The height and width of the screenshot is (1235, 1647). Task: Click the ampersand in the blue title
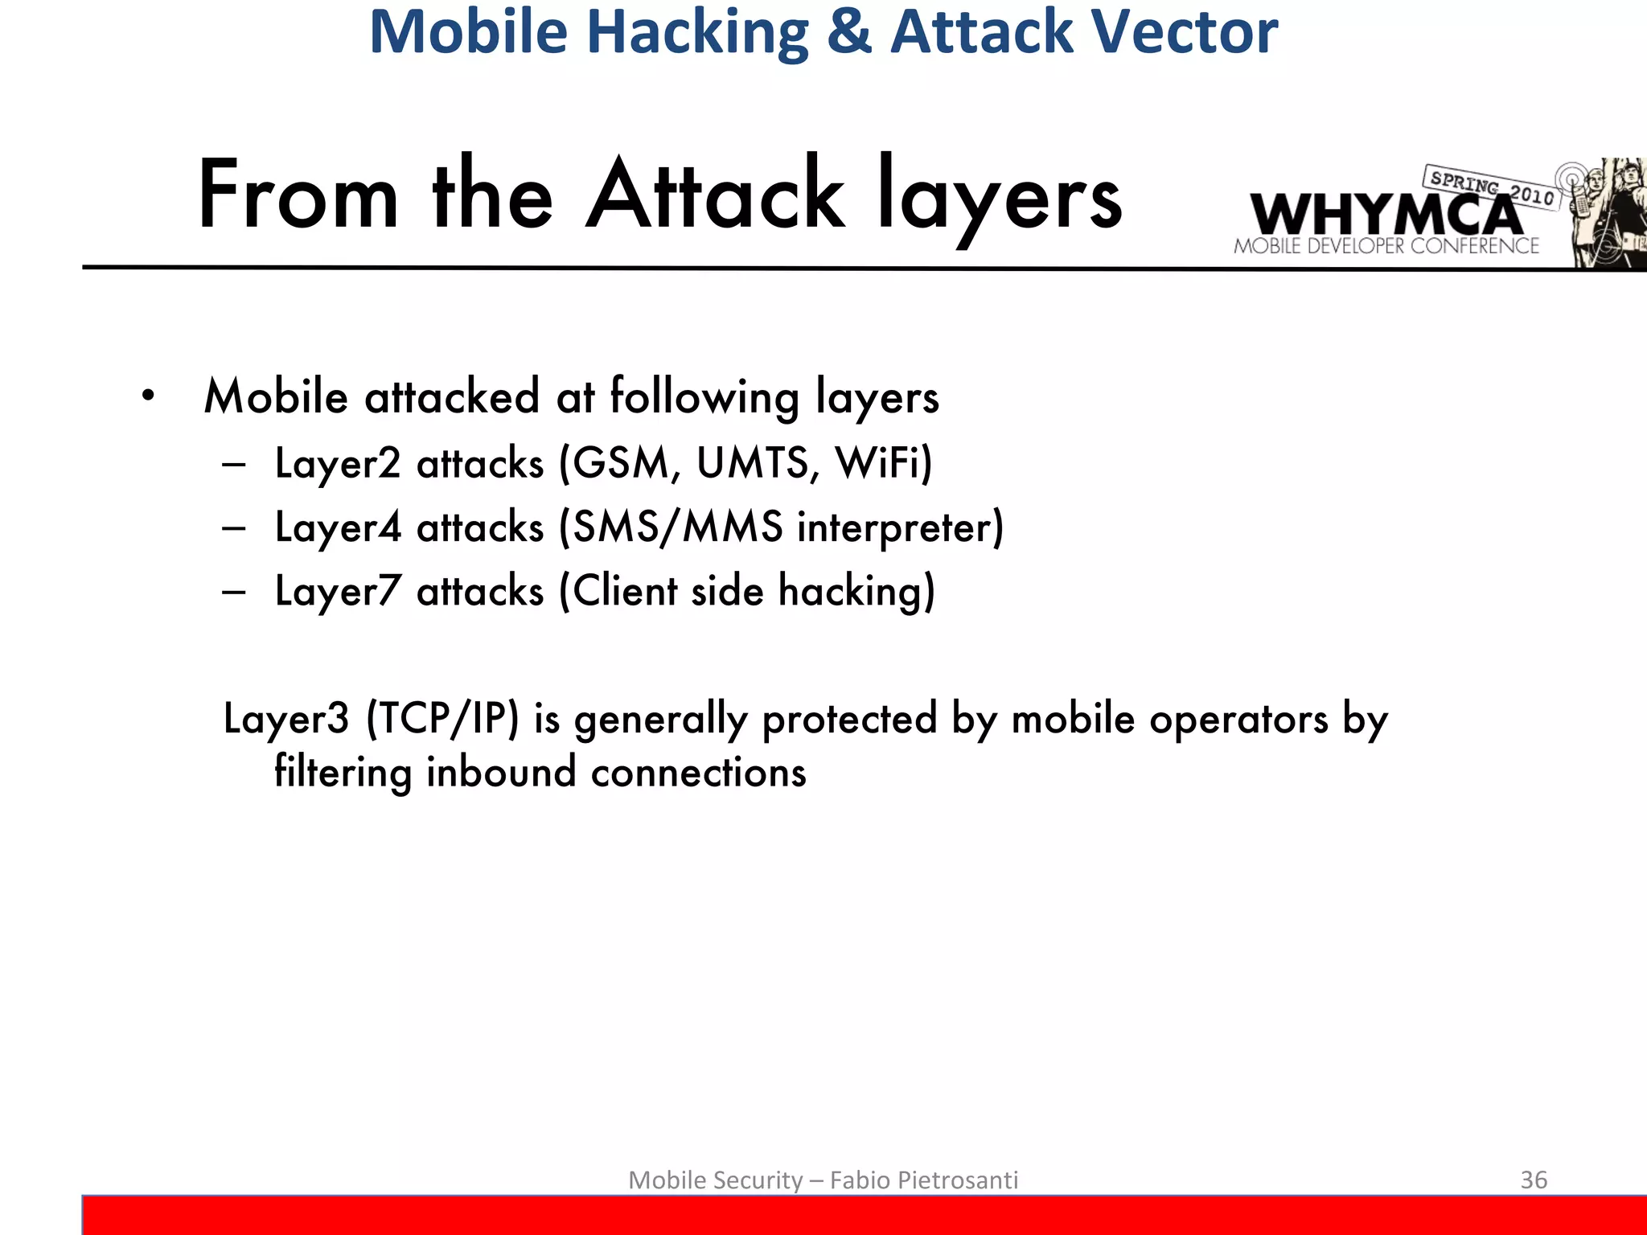tap(848, 32)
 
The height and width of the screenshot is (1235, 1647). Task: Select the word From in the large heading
tap(298, 195)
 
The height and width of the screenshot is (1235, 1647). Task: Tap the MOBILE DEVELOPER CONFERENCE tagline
tap(1386, 246)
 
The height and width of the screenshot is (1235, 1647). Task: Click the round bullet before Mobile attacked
tap(147, 396)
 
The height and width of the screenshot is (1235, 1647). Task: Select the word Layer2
tap(338, 464)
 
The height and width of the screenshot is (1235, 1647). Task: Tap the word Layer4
tap(338, 528)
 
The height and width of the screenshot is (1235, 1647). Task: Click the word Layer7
tap(338, 592)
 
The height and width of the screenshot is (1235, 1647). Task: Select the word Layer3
tap(286, 718)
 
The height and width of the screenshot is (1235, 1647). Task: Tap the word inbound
tap(501, 772)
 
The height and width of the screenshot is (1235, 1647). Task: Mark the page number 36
tap(1533, 1180)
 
